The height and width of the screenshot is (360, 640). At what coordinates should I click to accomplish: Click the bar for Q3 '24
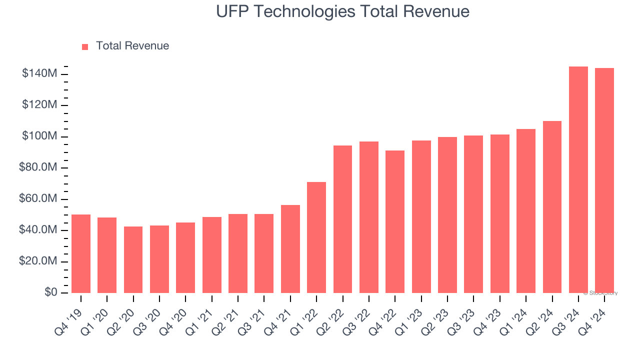tap(578, 179)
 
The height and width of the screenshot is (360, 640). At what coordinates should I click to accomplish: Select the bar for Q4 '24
tap(604, 180)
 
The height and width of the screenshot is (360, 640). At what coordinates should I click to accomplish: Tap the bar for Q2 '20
tap(133, 259)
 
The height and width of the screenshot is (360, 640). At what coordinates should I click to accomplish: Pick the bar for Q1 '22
tap(316, 237)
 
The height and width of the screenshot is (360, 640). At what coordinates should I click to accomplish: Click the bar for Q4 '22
tap(395, 221)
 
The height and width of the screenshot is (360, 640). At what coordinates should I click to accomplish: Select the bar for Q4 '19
tap(81, 253)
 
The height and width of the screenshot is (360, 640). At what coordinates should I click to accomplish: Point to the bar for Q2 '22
tap(342, 219)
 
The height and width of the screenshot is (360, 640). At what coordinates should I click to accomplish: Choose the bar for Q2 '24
tap(552, 207)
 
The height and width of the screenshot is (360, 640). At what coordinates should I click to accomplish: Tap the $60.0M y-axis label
tap(38, 199)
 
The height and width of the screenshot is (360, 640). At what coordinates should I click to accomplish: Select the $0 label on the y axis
tap(50, 292)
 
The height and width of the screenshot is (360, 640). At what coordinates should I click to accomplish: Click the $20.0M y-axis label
tap(38, 261)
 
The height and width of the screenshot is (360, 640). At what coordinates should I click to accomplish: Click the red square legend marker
tap(85, 46)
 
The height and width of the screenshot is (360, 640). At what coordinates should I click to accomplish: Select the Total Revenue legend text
tap(132, 46)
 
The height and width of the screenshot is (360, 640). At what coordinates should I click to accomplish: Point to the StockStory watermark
tap(600, 293)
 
